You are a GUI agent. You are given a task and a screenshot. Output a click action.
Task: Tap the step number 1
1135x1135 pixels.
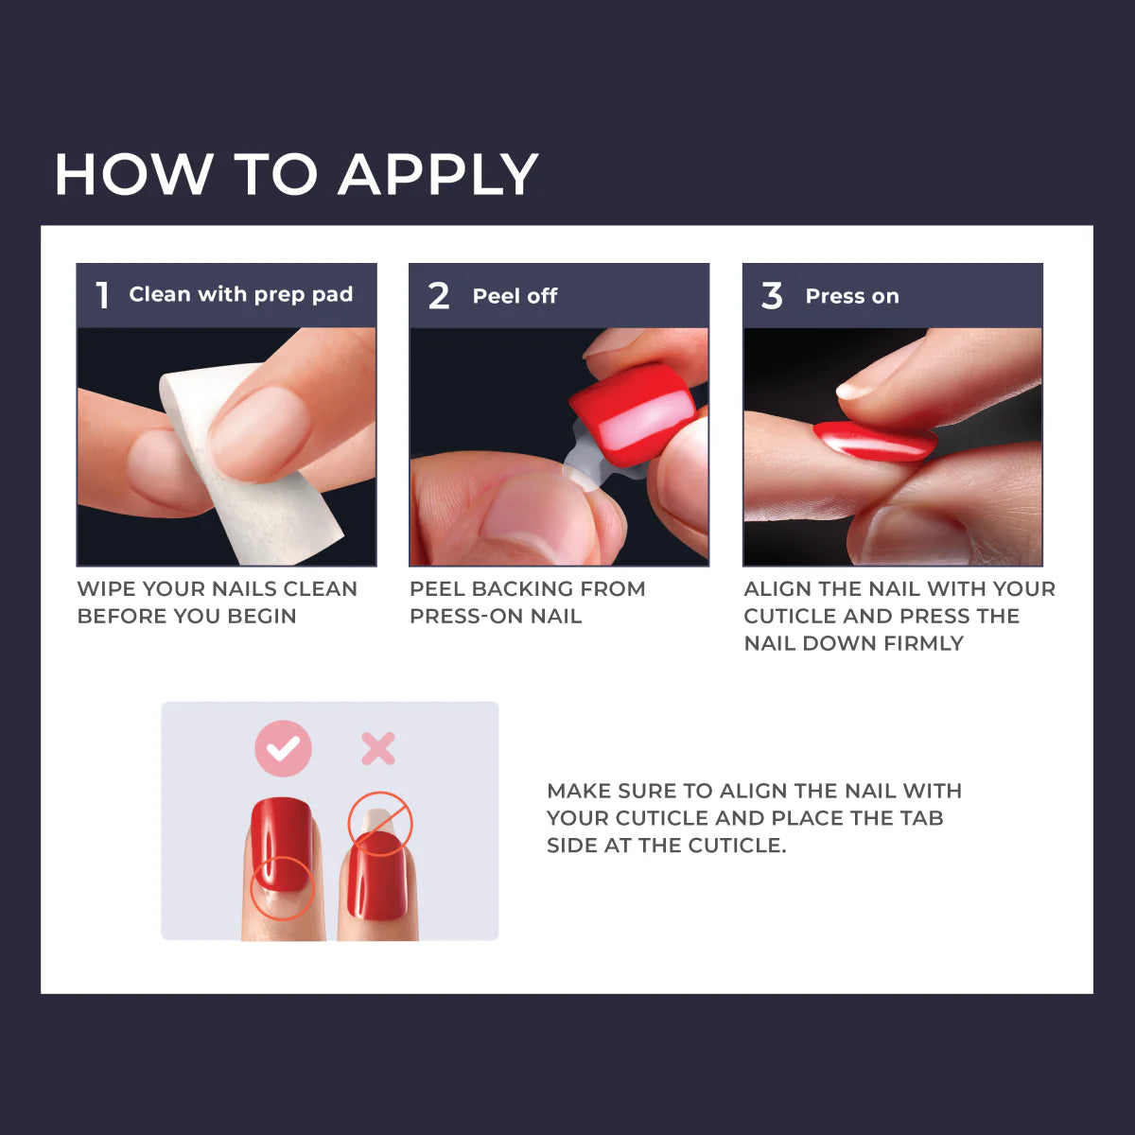point(103,295)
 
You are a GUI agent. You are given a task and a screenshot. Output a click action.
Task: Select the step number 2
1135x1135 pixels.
point(439,296)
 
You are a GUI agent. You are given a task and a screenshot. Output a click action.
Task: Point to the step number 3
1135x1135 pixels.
point(772,296)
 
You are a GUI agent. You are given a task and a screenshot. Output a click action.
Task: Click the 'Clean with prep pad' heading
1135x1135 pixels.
point(240,295)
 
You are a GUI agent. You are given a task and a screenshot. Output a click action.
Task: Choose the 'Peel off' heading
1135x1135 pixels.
point(515,296)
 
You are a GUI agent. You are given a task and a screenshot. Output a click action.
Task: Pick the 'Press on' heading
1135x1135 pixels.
point(851,296)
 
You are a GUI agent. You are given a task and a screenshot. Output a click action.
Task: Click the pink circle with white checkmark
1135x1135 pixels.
point(283,748)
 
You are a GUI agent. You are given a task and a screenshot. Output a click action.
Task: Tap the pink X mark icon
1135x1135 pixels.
point(378,749)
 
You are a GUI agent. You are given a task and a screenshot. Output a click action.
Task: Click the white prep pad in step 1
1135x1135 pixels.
point(274,501)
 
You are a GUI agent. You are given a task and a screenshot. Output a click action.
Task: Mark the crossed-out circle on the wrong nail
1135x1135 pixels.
point(380,824)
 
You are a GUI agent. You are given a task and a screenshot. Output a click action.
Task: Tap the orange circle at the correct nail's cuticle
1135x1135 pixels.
point(281,886)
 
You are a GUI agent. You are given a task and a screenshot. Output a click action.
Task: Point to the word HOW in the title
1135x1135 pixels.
point(133,176)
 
